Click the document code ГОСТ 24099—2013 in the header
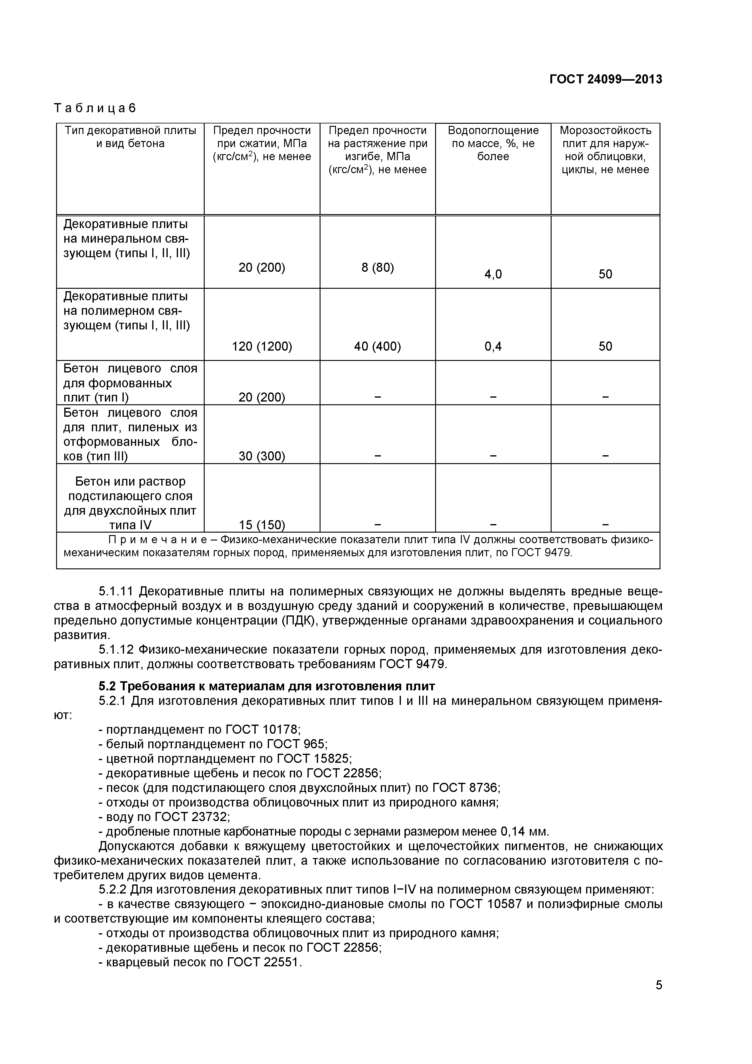pos(606,79)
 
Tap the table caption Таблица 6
pos(95,108)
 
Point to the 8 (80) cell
pos(377,268)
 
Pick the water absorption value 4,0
pos(493,274)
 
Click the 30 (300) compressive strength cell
pos(262,456)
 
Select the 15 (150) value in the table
pos(262,525)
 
